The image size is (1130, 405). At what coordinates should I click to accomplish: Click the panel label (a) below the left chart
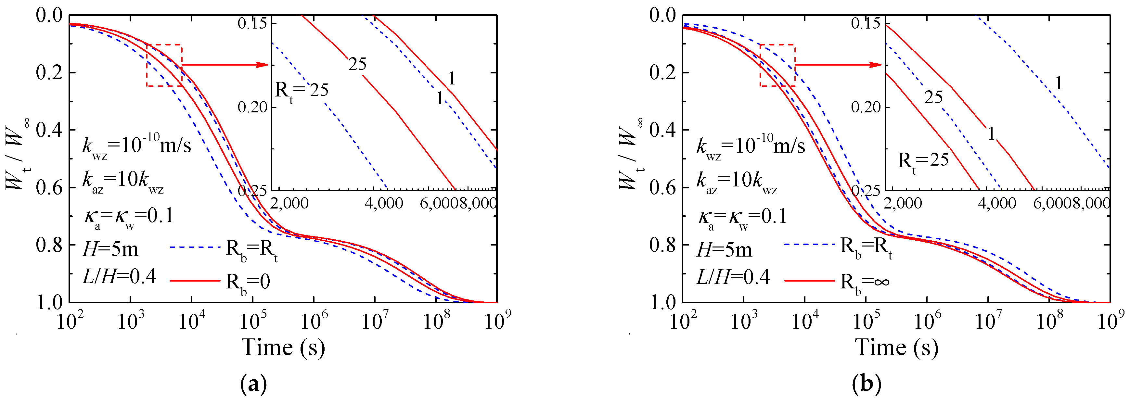[x=253, y=385]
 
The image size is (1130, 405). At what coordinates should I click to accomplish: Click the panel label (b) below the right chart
[x=867, y=385]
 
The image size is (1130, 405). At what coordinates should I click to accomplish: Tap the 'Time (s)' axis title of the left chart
[x=283, y=348]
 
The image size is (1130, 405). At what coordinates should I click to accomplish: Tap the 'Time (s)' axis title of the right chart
[x=897, y=348]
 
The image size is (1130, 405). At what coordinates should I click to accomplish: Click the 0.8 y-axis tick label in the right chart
[x=662, y=245]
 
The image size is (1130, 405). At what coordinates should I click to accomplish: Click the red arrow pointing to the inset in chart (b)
[x=838, y=65]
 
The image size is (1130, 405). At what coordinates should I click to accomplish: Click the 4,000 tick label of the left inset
[x=383, y=203]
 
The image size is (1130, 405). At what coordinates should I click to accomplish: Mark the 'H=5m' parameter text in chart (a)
[x=110, y=250]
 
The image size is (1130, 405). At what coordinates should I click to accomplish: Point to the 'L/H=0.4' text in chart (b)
[x=733, y=277]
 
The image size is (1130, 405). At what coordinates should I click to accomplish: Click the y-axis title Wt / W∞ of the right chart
[x=630, y=153]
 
